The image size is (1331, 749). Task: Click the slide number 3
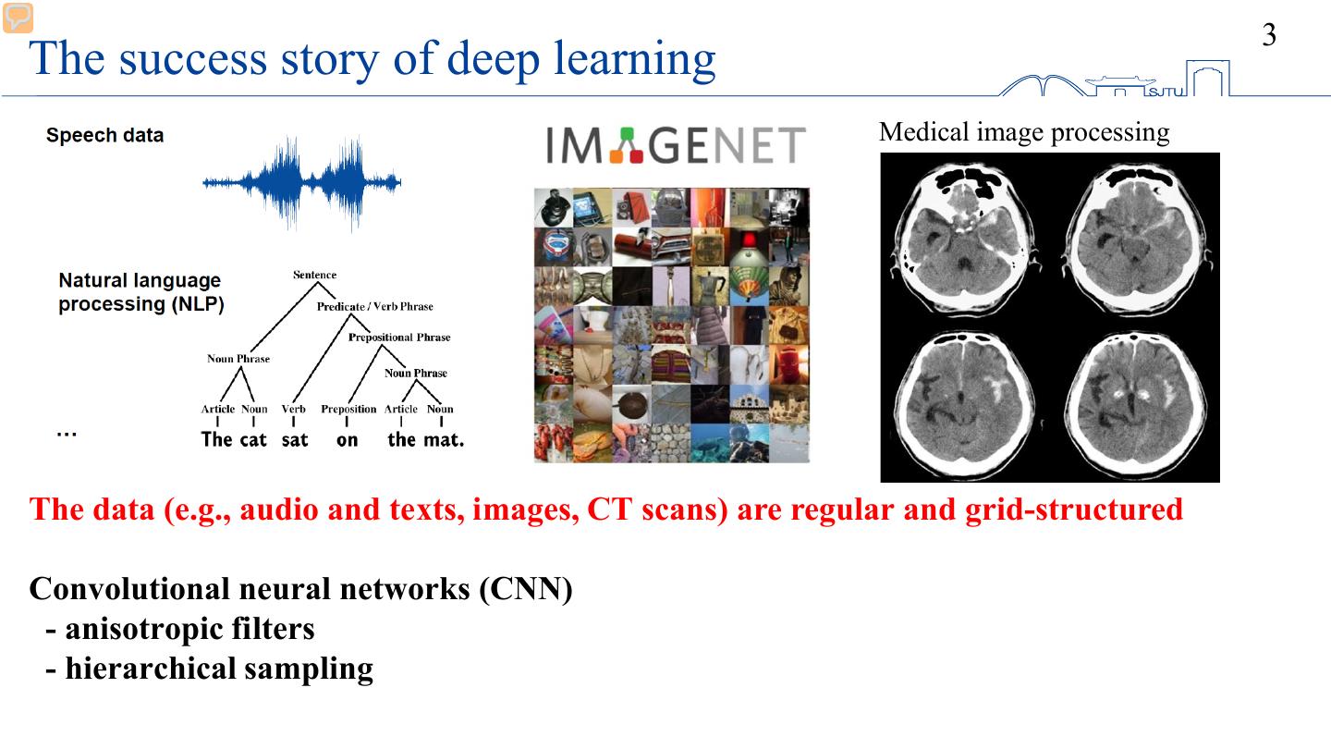tap(1269, 35)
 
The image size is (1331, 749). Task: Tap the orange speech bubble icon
tap(18, 18)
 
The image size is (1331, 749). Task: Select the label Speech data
tap(104, 135)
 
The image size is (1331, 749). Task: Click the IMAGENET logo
tap(675, 146)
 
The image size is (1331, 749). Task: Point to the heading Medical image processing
tap(1024, 132)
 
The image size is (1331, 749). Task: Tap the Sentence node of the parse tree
tap(314, 275)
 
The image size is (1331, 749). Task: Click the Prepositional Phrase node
tap(399, 338)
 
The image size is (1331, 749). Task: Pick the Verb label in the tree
tap(294, 409)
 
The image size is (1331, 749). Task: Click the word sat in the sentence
tap(294, 440)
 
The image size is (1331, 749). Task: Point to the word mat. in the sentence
tap(444, 440)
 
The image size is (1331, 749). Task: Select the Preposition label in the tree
tap(348, 409)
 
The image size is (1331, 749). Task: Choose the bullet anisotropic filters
tap(180, 629)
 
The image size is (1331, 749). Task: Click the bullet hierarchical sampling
tap(210, 668)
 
